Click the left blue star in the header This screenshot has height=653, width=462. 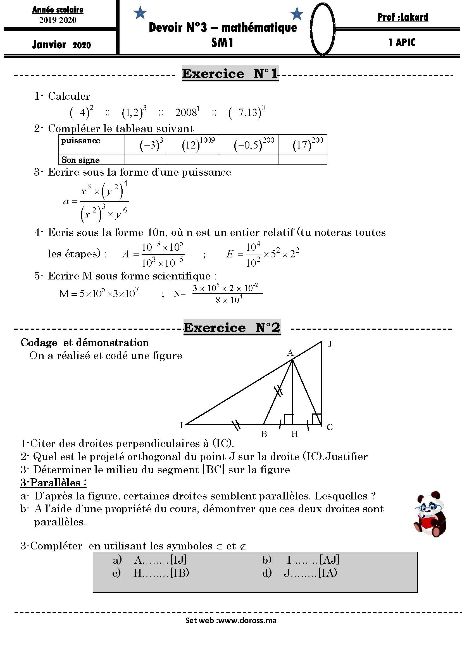pyautogui.click(x=140, y=13)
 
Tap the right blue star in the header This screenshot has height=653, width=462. pyautogui.click(x=297, y=14)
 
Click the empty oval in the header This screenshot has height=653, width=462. pyautogui.click(x=322, y=29)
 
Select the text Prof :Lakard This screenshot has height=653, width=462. pyautogui.click(x=403, y=17)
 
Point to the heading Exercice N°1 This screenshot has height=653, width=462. pyautogui.click(x=230, y=74)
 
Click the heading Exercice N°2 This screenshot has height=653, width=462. pyautogui.click(x=232, y=327)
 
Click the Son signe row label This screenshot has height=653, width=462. pyautogui.click(x=80, y=160)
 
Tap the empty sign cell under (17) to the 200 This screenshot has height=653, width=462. pyautogui.click(x=302, y=160)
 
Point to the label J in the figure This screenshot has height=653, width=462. pyautogui.click(x=330, y=344)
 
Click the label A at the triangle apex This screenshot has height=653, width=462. pyautogui.click(x=290, y=353)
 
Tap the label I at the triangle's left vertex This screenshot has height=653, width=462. pyautogui.click(x=182, y=425)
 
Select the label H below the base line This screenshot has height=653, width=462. pyautogui.click(x=294, y=434)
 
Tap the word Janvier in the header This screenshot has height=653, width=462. pyautogui.click(x=49, y=45)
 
